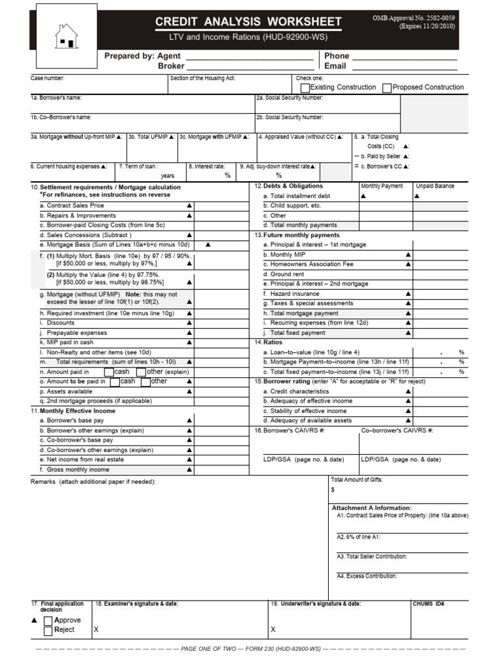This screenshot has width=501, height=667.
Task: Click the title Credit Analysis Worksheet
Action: (x=248, y=22)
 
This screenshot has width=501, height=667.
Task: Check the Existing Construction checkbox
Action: (x=305, y=87)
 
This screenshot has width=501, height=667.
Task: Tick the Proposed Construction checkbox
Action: (x=387, y=87)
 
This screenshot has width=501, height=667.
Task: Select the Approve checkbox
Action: (x=48, y=620)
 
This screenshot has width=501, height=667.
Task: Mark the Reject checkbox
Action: (x=48, y=631)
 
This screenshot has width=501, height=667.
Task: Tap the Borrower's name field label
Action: (x=56, y=98)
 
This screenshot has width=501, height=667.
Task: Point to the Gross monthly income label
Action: (x=74, y=469)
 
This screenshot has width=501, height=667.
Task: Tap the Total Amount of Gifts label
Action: (x=357, y=479)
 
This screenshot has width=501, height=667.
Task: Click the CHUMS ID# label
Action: (x=428, y=604)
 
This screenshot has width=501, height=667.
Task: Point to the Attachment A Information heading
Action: (x=372, y=507)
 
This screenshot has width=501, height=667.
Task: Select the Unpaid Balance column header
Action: (x=434, y=186)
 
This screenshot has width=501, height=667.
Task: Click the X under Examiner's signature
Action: (x=97, y=630)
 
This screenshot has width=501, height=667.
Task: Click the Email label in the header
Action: (x=335, y=66)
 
